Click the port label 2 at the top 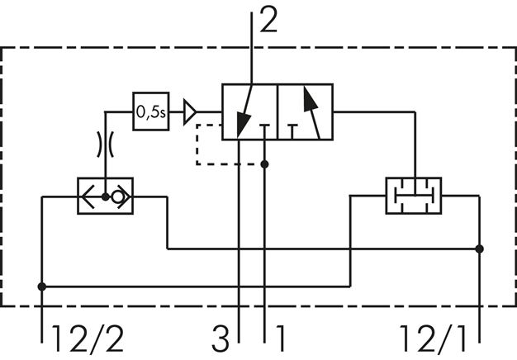point(268,19)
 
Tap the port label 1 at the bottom point(281,339)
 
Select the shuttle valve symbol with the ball point(105,197)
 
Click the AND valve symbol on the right point(413,196)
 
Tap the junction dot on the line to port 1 point(264,164)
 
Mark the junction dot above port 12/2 point(41,287)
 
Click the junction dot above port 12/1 point(480,247)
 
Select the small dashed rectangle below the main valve point(216,144)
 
